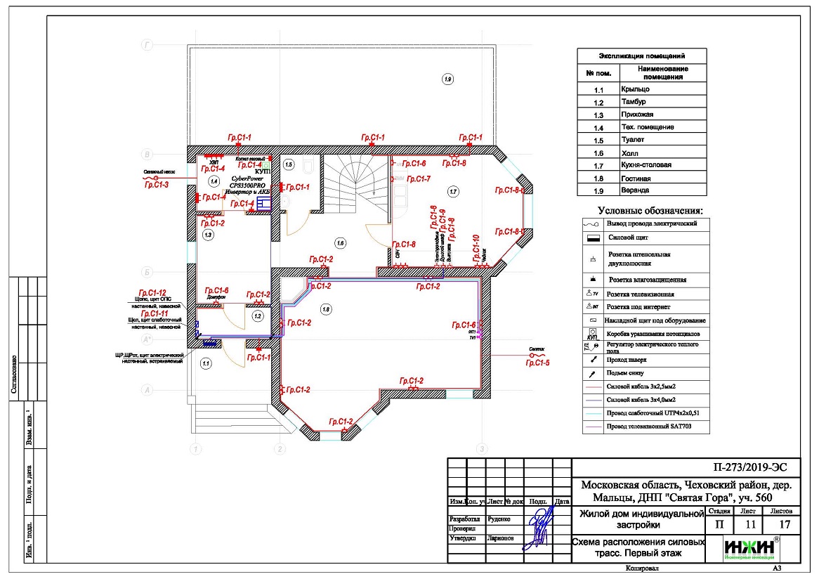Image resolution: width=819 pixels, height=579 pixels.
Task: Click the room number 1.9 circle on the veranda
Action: [x=448, y=79]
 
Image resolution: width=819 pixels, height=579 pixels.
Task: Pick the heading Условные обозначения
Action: [x=650, y=210]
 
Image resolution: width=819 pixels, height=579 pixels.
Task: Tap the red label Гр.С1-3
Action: [x=156, y=185]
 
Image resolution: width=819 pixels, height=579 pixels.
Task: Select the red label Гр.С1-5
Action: [x=537, y=363]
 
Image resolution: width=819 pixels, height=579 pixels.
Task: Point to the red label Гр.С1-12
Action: [x=152, y=292]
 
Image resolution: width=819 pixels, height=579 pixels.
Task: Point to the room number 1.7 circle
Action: [x=453, y=190]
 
